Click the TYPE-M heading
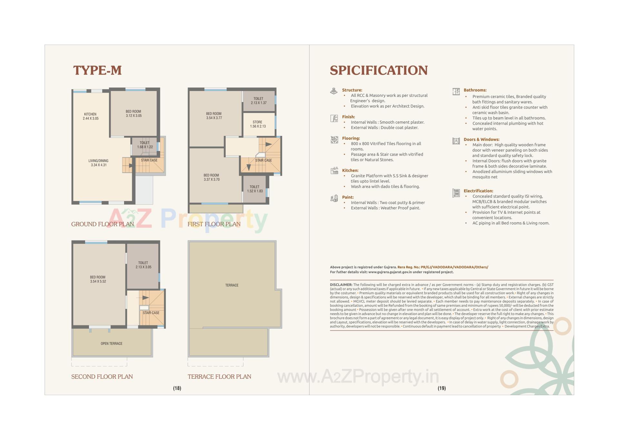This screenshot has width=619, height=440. point(97,70)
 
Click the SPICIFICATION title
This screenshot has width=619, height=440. point(378,70)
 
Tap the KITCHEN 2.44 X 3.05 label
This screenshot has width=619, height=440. point(91,116)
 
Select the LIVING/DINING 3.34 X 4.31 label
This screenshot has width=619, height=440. point(99,163)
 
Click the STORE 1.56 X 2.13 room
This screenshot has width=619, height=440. point(258,124)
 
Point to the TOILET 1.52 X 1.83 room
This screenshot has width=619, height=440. point(255,189)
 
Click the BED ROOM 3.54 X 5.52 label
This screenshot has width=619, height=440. point(98,279)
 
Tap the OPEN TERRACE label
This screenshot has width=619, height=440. point(112,343)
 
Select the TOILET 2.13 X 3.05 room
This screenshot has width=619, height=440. point(143,265)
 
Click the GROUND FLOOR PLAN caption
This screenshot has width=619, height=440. point(103,224)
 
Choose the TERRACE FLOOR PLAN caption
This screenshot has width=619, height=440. point(219,376)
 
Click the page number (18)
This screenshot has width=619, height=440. point(177,388)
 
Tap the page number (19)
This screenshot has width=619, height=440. point(442,388)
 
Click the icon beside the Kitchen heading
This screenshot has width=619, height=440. point(334,170)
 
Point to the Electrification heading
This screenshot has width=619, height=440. point(478,191)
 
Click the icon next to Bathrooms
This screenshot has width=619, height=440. point(456,92)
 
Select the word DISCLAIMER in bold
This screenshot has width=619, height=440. point(341,285)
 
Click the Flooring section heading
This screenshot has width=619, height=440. point(351,138)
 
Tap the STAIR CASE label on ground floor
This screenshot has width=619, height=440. point(149,160)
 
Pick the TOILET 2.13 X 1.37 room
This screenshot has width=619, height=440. point(259,101)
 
